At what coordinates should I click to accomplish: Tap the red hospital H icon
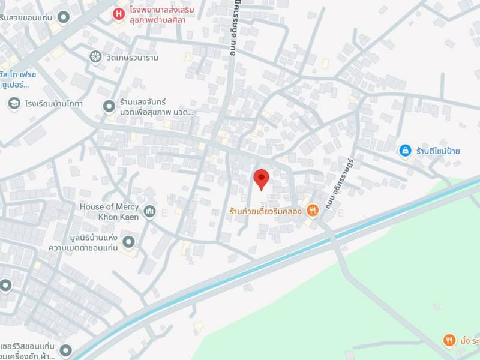click(x=120, y=12)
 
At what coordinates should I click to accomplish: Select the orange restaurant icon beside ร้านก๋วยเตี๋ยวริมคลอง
click(x=312, y=210)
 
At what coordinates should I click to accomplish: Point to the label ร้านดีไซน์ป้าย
click(x=438, y=151)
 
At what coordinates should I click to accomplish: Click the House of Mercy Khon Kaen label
click(x=109, y=211)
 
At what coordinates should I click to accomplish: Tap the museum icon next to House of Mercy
click(x=149, y=211)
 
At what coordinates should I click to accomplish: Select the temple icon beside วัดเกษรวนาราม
click(x=95, y=56)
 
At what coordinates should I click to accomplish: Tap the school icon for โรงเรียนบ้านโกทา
click(x=13, y=104)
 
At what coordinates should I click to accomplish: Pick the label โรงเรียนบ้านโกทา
click(x=54, y=104)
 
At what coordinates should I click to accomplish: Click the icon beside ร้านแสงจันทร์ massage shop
click(x=109, y=106)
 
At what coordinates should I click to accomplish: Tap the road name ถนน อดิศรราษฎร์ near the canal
click(x=341, y=180)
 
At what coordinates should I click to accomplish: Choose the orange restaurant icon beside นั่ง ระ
click(x=449, y=341)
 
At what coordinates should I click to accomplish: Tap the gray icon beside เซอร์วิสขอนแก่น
click(x=65, y=350)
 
